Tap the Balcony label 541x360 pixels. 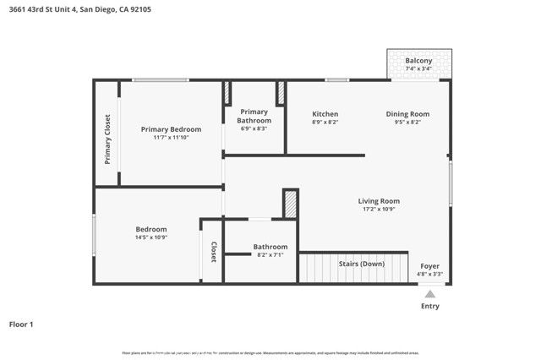click(x=419, y=61)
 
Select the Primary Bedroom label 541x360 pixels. click(x=171, y=129)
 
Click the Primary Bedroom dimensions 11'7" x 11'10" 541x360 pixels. click(x=171, y=138)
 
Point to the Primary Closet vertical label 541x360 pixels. click(x=107, y=139)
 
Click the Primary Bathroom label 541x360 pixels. click(x=254, y=116)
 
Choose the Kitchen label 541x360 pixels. click(x=325, y=114)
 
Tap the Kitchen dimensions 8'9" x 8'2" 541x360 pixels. click(x=325, y=123)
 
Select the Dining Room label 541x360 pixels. click(x=407, y=114)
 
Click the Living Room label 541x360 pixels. click(x=379, y=201)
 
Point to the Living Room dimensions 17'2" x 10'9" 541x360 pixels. click(x=379, y=210)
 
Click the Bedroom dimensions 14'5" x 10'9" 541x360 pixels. click(x=151, y=237)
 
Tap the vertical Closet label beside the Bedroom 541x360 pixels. click(x=214, y=252)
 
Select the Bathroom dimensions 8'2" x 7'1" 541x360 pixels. click(x=270, y=255)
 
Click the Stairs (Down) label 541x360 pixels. click(x=361, y=265)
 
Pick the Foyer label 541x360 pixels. click(x=429, y=266)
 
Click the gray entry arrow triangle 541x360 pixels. click(x=429, y=294)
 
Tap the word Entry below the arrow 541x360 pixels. click(x=429, y=306)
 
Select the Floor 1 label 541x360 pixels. click(x=20, y=324)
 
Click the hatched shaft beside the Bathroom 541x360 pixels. click(x=290, y=205)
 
